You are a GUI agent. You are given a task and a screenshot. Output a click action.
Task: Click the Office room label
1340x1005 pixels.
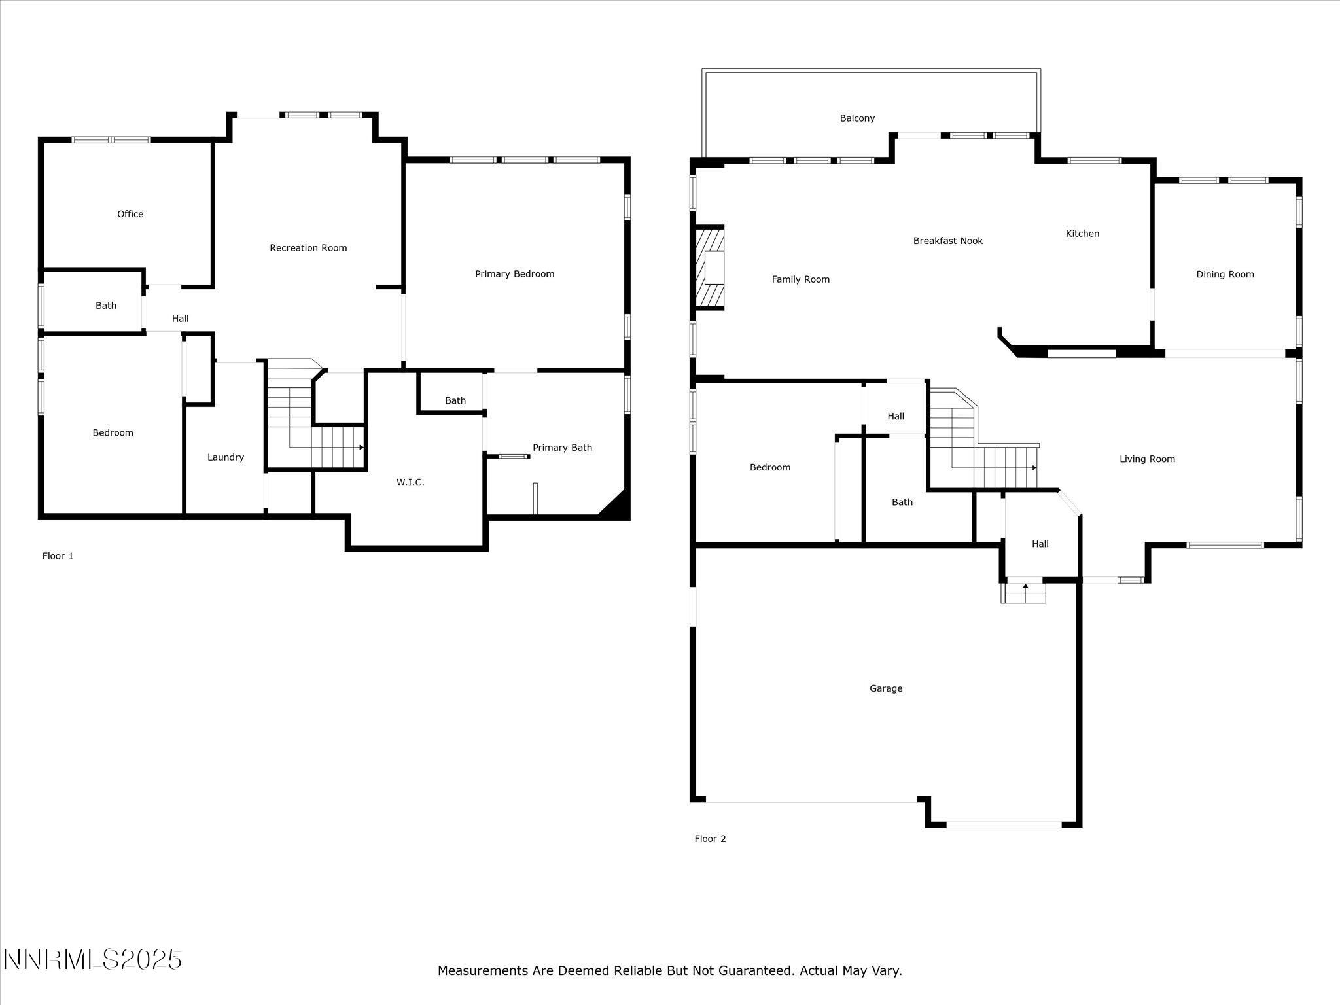[x=130, y=214]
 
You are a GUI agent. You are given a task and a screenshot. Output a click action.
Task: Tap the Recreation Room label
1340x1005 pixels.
[x=308, y=248]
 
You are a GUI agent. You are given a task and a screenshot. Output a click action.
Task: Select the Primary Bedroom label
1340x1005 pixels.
[x=514, y=274]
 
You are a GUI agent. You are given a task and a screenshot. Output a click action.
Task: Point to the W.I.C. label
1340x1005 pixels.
[x=410, y=482]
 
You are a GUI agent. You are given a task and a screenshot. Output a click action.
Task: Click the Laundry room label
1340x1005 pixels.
[x=226, y=457]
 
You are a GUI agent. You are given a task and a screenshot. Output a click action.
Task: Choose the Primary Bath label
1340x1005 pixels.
[x=562, y=448]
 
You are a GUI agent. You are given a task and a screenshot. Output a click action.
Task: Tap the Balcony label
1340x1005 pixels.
[x=857, y=118]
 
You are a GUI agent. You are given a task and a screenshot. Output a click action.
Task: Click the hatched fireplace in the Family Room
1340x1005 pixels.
[x=710, y=267]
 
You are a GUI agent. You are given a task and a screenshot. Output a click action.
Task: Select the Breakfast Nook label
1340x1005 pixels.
[x=948, y=241]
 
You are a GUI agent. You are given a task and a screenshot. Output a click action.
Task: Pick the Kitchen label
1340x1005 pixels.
[x=1082, y=234]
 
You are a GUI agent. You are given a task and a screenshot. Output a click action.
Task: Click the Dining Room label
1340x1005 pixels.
[x=1225, y=274]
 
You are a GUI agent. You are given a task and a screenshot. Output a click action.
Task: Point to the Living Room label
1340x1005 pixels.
[x=1147, y=459]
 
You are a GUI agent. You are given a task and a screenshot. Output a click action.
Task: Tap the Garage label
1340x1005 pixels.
[x=886, y=688]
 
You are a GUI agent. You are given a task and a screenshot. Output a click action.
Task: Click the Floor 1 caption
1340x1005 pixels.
[x=58, y=556]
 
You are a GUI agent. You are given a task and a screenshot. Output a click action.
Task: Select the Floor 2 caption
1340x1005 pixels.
[x=710, y=839]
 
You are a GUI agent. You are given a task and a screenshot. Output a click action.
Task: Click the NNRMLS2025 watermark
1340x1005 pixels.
[x=92, y=960]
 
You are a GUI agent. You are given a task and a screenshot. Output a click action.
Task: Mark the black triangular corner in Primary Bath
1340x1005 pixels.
[x=616, y=506]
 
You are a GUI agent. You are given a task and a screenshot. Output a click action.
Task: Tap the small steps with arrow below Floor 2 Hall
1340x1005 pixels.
[x=1024, y=593]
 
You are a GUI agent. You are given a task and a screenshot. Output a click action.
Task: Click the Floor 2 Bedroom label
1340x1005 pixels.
[x=770, y=467]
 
